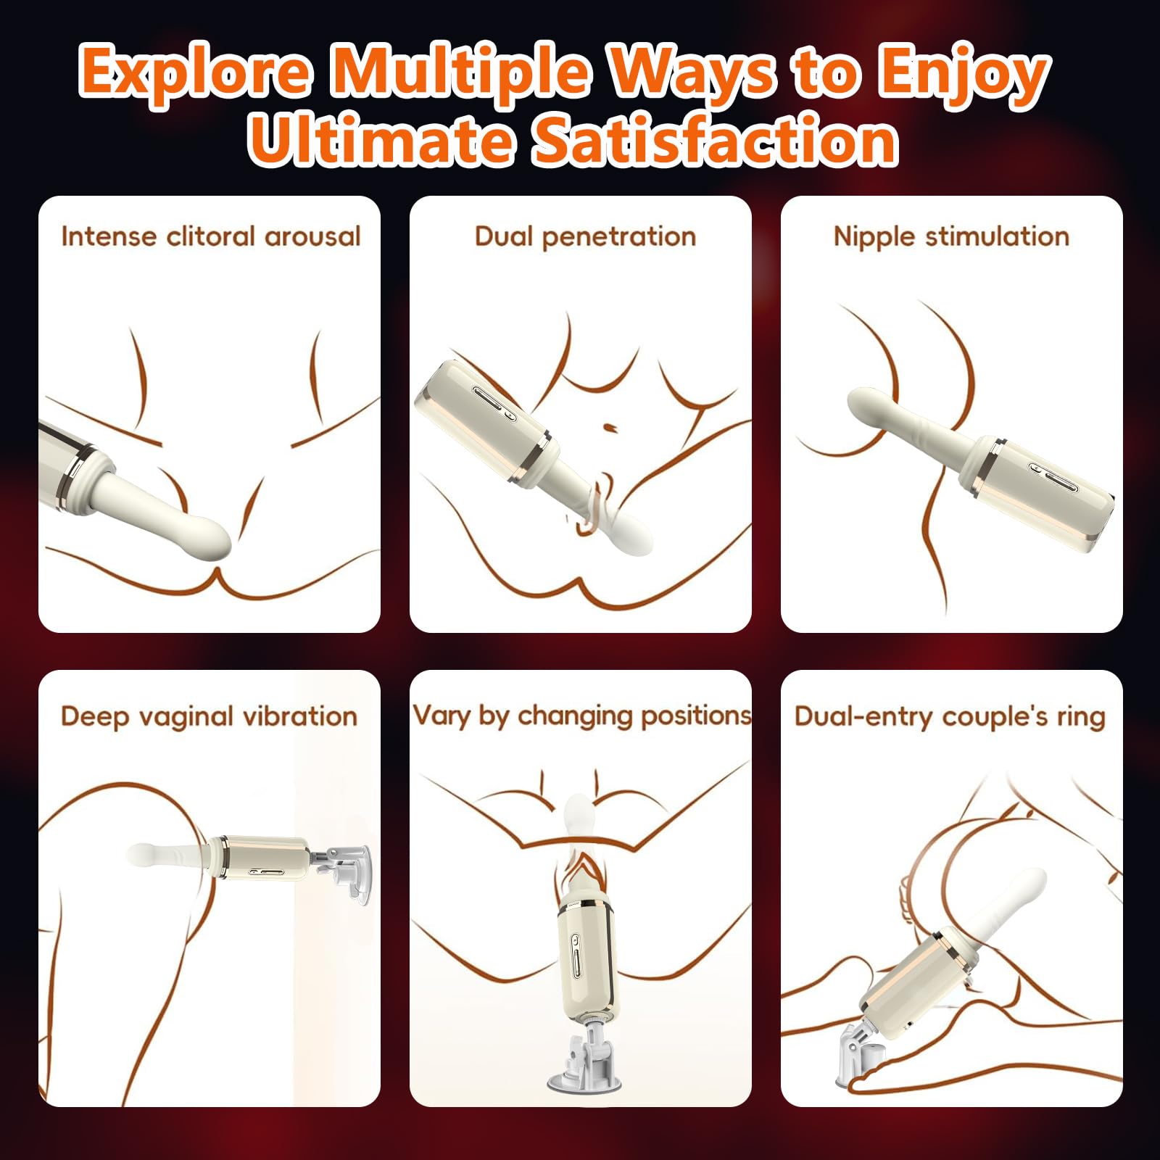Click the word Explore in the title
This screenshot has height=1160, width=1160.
tap(196, 72)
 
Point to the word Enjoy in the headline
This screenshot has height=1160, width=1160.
tap(964, 72)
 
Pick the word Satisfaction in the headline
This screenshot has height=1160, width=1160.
tap(714, 139)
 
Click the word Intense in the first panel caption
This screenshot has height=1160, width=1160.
tap(107, 236)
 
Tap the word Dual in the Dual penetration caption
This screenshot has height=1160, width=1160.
tap(504, 236)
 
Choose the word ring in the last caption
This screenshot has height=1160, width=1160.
tap(1080, 717)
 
